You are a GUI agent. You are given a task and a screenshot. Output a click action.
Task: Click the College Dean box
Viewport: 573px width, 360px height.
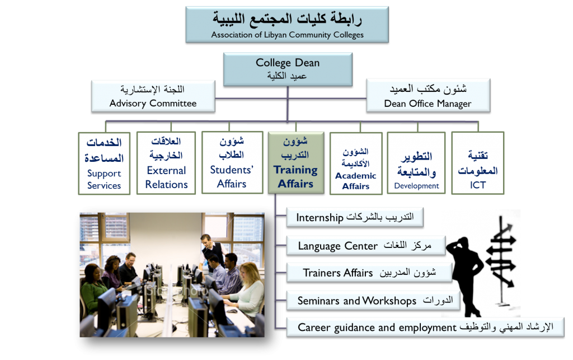click(288, 69)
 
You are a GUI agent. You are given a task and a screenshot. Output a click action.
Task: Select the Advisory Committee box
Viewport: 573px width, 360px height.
click(153, 96)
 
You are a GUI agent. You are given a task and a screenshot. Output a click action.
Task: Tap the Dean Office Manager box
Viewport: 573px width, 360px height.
click(428, 96)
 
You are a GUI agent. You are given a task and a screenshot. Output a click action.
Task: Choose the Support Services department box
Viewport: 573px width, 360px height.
click(104, 163)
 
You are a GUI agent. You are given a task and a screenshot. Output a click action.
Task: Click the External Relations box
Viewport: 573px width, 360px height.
click(166, 162)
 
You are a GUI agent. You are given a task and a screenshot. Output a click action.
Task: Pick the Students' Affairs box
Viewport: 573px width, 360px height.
click(232, 162)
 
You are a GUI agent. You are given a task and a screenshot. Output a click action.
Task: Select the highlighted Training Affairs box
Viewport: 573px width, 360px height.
click(296, 162)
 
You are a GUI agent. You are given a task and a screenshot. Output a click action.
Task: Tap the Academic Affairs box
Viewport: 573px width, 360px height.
click(356, 163)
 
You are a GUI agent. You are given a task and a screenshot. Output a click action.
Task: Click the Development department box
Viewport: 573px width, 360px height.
click(416, 163)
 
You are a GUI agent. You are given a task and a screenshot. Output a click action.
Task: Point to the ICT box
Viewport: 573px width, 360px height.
click(478, 163)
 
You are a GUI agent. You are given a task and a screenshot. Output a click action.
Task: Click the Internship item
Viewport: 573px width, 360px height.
click(355, 217)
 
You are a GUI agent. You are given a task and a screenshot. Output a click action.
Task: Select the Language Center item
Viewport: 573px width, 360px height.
click(366, 246)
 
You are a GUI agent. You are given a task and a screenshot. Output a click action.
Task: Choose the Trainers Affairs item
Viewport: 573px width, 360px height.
click(369, 273)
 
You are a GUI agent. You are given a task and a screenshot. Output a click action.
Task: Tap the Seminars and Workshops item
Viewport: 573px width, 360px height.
click(373, 301)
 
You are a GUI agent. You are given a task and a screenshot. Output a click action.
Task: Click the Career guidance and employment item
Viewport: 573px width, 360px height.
click(425, 327)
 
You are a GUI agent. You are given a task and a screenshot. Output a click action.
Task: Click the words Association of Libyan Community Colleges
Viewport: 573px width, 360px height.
click(287, 35)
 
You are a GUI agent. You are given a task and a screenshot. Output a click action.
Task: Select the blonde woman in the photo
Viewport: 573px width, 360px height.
click(246, 292)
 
